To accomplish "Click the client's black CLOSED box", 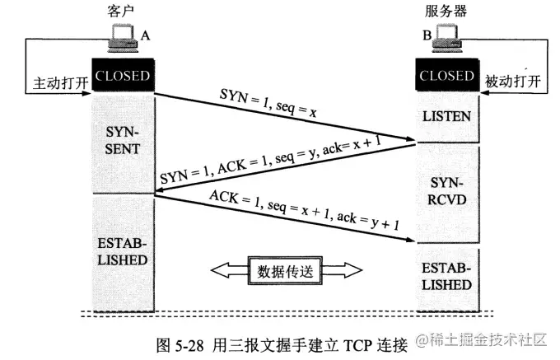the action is point(124,75).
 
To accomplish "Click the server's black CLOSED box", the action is point(447,75).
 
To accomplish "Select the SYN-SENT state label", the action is point(122,140).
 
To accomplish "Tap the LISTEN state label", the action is point(447,116).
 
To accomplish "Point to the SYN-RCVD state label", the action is point(447,191).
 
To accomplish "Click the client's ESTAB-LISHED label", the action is point(123,251).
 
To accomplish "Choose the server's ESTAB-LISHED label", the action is point(446,277).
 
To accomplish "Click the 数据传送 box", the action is point(286,270).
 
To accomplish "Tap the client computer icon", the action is point(123,38).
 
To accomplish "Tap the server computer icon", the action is point(447,39).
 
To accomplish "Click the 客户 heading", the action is point(121,11).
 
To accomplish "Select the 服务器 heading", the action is point(446,11).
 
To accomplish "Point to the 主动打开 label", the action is point(61,83).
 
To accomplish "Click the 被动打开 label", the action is point(513,82).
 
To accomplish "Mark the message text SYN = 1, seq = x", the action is point(268,103).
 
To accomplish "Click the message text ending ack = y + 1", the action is point(304,210).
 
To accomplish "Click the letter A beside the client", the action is point(145,35).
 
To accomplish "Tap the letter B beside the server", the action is point(427,35).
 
